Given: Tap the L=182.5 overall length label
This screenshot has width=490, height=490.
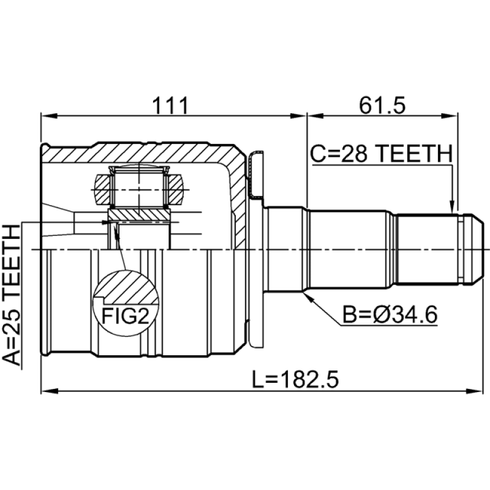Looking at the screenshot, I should tap(295, 380).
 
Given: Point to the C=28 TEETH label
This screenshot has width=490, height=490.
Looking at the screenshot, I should tap(380, 153).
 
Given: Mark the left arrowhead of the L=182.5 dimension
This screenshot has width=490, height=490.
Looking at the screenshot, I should tap(47, 390).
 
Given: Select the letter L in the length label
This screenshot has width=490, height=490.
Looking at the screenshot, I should tap(257, 380).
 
